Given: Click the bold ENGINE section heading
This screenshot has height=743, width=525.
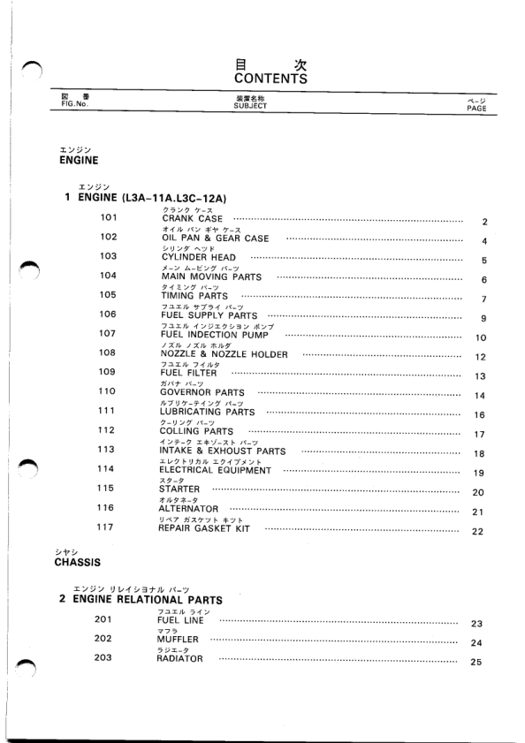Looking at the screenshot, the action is [x=78, y=162].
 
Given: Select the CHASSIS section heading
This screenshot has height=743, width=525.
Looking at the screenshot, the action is [x=80, y=561].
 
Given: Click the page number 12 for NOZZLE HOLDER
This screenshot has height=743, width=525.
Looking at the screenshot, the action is [x=481, y=357].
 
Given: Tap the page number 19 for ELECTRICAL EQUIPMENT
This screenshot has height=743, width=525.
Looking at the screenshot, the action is [x=481, y=473].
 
